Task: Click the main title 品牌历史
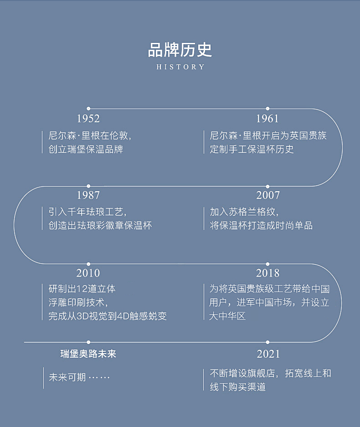click(x=180, y=50)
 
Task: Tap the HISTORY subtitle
click(x=180, y=67)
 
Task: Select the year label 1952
click(x=88, y=119)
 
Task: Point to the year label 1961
click(x=267, y=119)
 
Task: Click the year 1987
click(x=88, y=195)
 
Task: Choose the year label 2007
click(x=268, y=195)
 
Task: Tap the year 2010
click(x=88, y=273)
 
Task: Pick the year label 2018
click(x=268, y=273)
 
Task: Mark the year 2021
click(x=268, y=354)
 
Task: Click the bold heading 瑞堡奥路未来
click(x=88, y=354)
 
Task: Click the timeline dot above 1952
click(x=88, y=109)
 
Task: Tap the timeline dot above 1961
click(x=267, y=109)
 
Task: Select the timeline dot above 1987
click(x=88, y=186)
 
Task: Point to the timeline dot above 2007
click(x=267, y=186)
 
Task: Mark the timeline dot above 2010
click(x=88, y=264)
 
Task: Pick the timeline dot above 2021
click(x=267, y=342)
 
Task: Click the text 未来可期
click(x=67, y=378)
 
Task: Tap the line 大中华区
click(x=227, y=316)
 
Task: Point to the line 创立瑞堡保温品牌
click(x=86, y=149)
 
